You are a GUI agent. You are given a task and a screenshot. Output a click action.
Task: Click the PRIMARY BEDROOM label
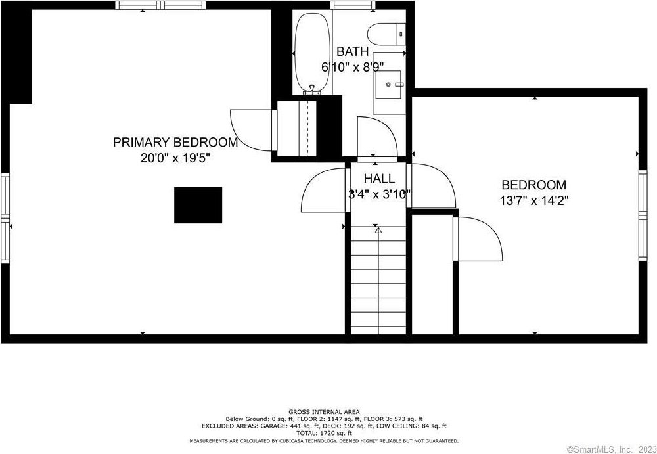[175, 143]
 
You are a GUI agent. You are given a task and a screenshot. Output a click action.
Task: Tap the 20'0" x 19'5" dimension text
[175, 158]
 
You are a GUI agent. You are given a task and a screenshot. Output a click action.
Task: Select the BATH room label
[353, 51]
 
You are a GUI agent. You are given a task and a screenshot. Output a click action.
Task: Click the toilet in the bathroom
[386, 34]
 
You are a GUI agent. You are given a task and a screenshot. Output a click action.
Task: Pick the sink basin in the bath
[388, 84]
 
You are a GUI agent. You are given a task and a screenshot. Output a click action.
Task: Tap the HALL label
[379, 179]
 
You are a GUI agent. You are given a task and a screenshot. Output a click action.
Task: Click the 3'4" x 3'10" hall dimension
[379, 194]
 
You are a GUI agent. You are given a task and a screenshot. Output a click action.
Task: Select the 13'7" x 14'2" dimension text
[533, 201]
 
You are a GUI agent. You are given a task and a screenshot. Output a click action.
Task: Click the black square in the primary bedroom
[198, 205]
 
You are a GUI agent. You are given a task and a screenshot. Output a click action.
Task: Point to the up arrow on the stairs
[378, 230]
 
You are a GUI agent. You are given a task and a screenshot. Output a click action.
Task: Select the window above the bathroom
[352, 5]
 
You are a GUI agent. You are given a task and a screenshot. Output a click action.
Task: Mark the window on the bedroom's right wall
[643, 216]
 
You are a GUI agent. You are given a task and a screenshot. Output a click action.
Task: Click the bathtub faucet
[311, 89]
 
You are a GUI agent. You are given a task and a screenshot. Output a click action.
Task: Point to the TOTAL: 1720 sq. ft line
[324, 433]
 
